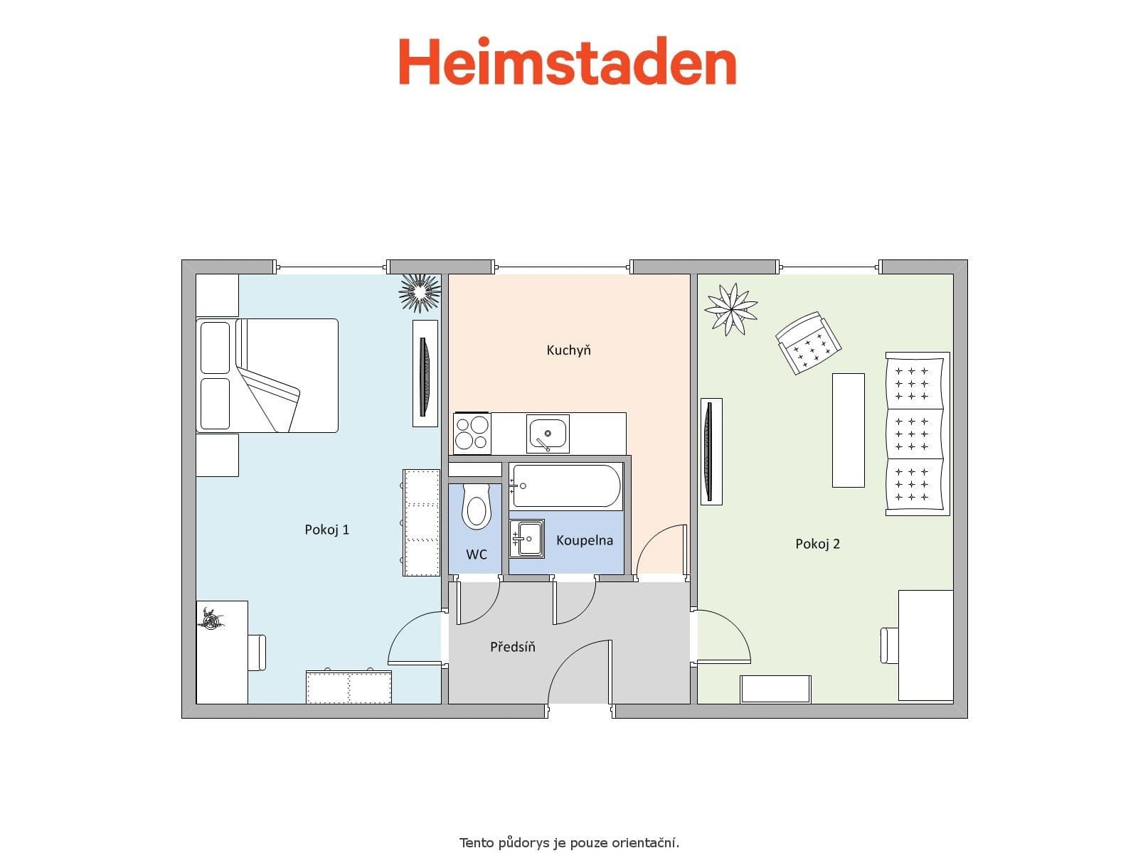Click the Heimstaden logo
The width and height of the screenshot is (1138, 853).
coord(567,63)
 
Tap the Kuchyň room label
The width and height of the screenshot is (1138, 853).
coord(568,350)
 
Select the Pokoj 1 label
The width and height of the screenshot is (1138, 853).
coord(326,530)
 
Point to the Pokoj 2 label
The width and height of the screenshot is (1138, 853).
coord(817,544)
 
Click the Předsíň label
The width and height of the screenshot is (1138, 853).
coord(512,647)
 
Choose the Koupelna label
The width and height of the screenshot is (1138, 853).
coord(584,540)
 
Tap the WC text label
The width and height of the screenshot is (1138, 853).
coord(477,554)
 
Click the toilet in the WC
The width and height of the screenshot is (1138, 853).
coord(476,506)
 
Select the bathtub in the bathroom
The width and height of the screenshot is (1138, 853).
coord(566,486)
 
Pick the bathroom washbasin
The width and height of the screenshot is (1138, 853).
coord(527,538)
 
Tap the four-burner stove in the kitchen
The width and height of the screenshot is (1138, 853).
coord(472,433)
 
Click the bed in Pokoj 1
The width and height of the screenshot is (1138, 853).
coord(267,375)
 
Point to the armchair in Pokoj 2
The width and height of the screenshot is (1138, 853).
coord(808,342)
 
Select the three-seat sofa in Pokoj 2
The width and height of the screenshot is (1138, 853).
coord(918,434)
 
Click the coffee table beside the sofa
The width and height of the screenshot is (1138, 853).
coord(848,430)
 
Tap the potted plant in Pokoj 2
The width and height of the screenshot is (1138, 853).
coord(730,309)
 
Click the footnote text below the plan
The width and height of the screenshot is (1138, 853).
coord(569,843)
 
